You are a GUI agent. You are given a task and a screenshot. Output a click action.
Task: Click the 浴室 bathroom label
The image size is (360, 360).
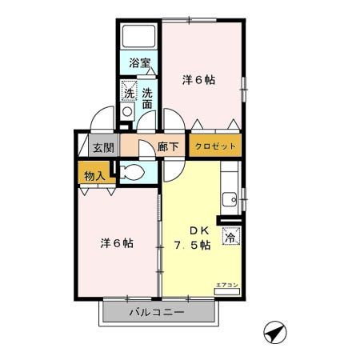140,62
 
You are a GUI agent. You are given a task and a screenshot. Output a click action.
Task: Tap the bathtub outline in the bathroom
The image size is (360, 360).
140,37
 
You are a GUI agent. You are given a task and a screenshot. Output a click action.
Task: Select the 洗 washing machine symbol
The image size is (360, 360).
129,94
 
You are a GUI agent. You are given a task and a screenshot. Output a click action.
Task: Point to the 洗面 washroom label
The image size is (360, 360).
147,98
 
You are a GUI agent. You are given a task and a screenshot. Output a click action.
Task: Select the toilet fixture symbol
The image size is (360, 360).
133,173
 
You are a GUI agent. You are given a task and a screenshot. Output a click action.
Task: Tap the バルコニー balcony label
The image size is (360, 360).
158,312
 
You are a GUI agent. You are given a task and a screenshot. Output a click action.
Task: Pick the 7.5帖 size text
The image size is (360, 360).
193,246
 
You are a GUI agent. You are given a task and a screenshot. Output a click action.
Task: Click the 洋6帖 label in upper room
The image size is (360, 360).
199,80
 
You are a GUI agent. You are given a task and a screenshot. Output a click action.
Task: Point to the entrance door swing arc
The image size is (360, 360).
102,120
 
